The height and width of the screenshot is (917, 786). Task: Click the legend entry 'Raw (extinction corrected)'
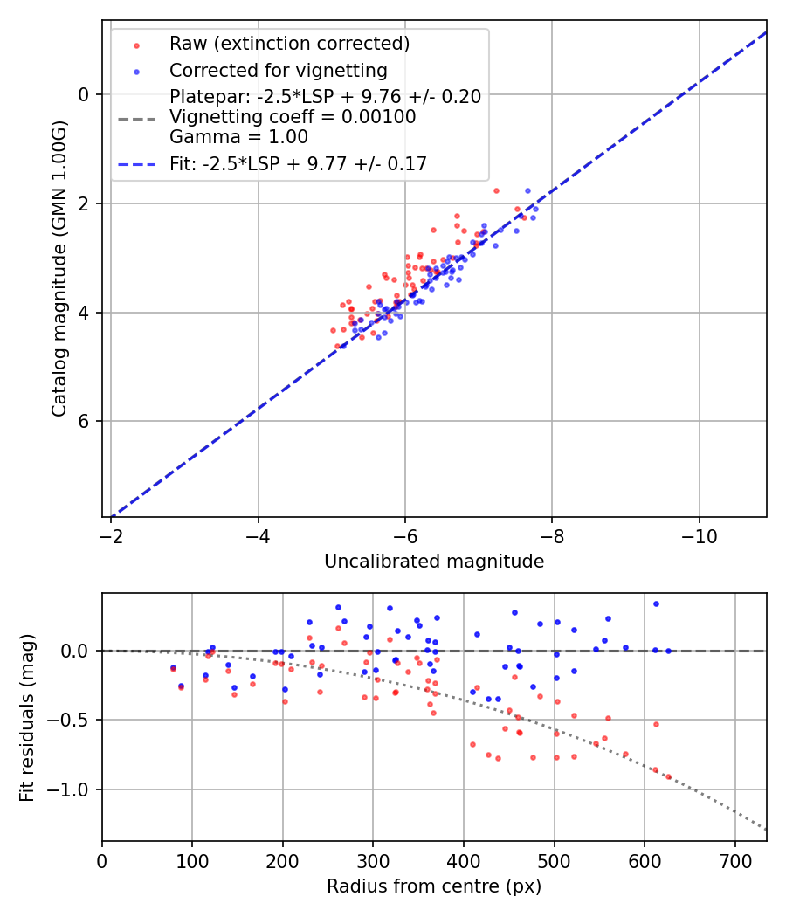click(x=289, y=44)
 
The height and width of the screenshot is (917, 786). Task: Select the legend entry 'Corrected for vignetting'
click(x=278, y=70)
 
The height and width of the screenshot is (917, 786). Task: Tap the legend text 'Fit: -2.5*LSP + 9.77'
click(x=298, y=163)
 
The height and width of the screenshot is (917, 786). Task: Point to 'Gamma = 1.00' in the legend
click(x=238, y=137)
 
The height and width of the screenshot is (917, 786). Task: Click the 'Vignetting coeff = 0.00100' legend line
click(x=293, y=117)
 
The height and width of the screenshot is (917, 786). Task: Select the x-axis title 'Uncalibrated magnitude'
click(x=434, y=562)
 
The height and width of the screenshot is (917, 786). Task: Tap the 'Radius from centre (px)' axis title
click(x=434, y=886)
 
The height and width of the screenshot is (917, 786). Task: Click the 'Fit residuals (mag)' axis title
click(x=26, y=717)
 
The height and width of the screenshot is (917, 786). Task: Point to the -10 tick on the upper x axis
click(x=699, y=535)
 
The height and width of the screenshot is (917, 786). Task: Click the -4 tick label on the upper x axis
click(x=258, y=535)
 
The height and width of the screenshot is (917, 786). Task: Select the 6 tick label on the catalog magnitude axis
click(x=85, y=421)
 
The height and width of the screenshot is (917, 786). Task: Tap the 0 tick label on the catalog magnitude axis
click(x=85, y=94)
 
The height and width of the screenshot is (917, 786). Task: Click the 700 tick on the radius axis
click(x=734, y=860)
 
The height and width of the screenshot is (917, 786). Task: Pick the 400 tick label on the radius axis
click(x=464, y=860)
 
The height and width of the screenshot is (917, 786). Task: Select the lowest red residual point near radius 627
click(x=669, y=776)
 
